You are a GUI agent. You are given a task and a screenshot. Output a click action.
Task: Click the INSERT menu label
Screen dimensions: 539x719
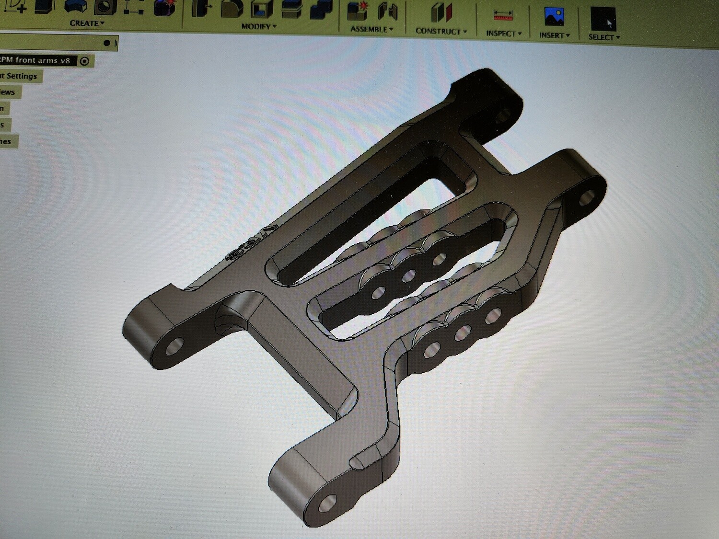[x=554, y=35]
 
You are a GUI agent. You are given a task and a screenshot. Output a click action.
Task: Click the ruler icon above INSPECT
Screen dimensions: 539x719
[x=503, y=15]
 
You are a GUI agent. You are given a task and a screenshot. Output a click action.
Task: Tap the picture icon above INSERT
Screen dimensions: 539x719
[x=554, y=17]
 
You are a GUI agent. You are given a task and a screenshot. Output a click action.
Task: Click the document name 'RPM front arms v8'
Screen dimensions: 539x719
[x=36, y=60]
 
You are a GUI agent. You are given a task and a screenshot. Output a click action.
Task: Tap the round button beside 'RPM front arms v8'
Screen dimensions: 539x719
[x=85, y=61]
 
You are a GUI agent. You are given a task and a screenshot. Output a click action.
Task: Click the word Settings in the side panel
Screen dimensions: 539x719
[x=22, y=76]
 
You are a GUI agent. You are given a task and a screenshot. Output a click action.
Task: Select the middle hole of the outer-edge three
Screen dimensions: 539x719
[x=463, y=332]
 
